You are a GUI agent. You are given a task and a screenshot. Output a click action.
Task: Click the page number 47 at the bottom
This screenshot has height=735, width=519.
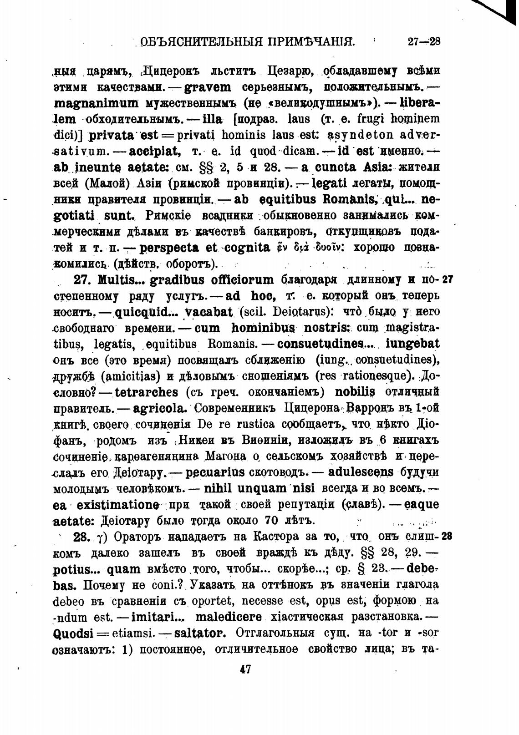tap(245, 669)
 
